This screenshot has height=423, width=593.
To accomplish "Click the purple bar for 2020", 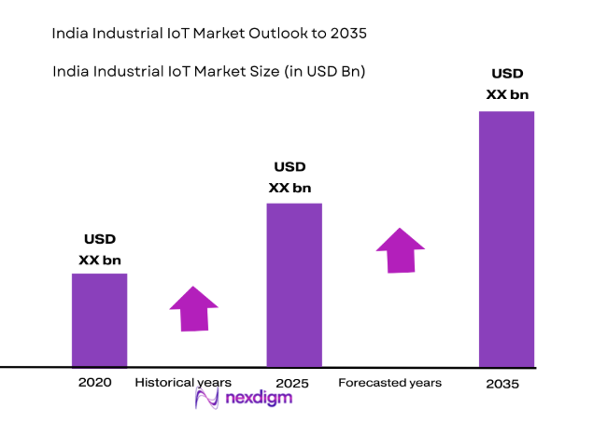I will pyautogui.click(x=99, y=319).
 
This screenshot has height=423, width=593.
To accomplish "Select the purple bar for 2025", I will pyautogui.click(x=294, y=285).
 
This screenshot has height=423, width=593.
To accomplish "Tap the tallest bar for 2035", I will pyautogui.click(x=506, y=239).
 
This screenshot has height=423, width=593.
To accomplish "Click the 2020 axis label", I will pyautogui.click(x=95, y=383).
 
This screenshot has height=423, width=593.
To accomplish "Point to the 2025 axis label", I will pyautogui.click(x=293, y=383).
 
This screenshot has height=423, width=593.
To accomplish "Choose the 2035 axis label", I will pyautogui.click(x=502, y=384).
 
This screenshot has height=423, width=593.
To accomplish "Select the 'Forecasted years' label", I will pyautogui.click(x=389, y=383).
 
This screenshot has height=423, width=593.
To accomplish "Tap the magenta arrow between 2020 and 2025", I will pyautogui.click(x=193, y=308).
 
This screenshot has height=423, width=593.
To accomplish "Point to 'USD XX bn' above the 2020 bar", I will pyautogui.click(x=99, y=249).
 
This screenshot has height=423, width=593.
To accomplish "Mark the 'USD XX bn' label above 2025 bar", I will pyautogui.click(x=289, y=177).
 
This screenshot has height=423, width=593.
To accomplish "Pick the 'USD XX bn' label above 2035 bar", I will pyautogui.click(x=507, y=84).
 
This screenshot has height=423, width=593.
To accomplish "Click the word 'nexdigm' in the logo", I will pyautogui.click(x=259, y=399).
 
